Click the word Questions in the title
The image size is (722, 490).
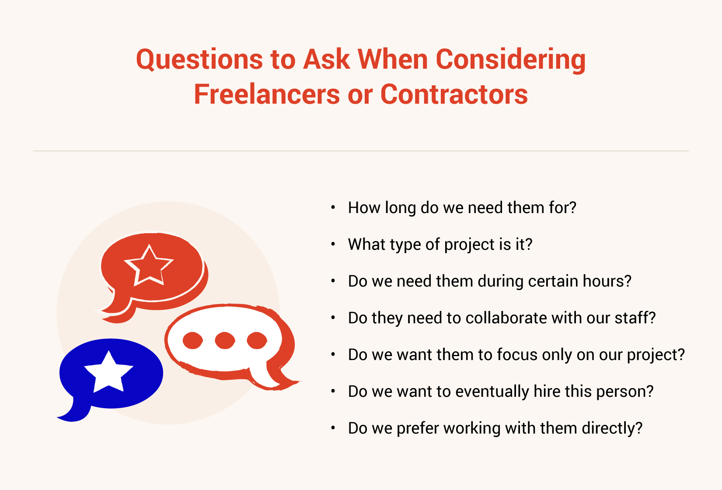pos(199,60)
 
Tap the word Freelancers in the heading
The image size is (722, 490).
pos(267,94)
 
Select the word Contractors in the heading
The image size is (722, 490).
pos(454,94)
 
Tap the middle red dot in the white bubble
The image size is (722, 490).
pos(225,340)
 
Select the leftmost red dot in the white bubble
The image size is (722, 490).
pos(193,340)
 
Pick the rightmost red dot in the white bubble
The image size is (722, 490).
pos(257,340)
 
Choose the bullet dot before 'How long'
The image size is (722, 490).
pos(333,208)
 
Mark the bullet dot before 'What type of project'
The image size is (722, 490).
pos(333,245)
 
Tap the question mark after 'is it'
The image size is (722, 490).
pos(529,244)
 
